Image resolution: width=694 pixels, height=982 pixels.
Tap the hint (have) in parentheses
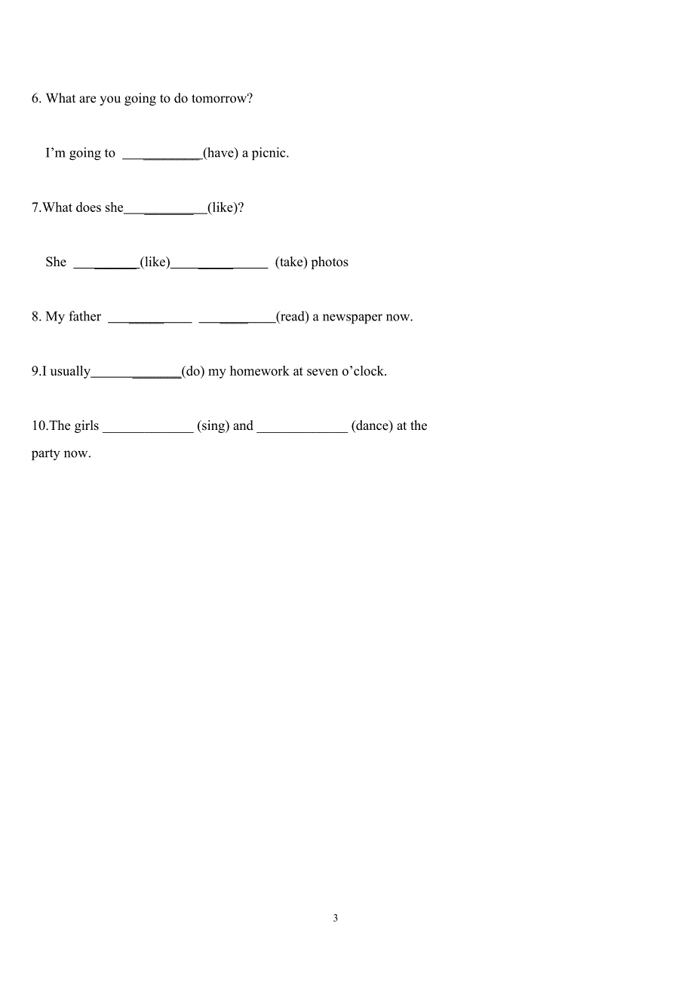220,153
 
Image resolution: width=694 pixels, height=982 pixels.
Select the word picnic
270,153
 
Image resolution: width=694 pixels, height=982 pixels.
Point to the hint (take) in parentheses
291,262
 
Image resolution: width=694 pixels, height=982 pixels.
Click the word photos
330,262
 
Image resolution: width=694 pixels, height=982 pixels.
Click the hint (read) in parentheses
293,317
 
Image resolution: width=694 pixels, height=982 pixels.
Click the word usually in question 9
70,372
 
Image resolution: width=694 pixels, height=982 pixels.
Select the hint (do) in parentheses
193,371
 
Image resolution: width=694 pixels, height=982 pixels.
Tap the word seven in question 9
324,371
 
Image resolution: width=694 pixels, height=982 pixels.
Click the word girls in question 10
86,426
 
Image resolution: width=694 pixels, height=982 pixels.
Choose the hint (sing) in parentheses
213,426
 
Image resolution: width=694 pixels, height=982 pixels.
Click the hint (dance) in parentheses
372,426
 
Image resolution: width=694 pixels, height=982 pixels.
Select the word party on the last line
46,454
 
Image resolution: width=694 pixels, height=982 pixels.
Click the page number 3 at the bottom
336,919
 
